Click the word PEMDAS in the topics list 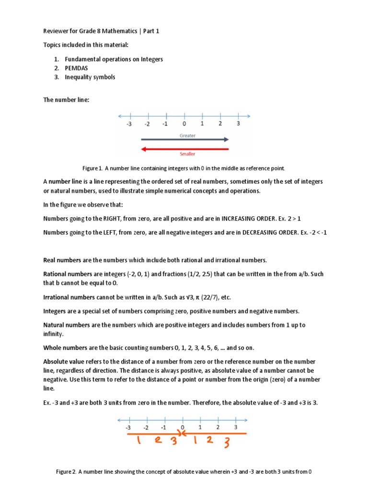click(76, 68)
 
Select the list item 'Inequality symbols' click(90, 77)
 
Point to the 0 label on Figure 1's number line click(184, 124)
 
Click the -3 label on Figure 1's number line click(129, 124)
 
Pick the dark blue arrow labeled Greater click(184, 140)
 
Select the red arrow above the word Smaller click(184, 149)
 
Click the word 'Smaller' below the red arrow click(187, 154)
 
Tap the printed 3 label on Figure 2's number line click(235, 427)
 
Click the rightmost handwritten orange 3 click(227, 444)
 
